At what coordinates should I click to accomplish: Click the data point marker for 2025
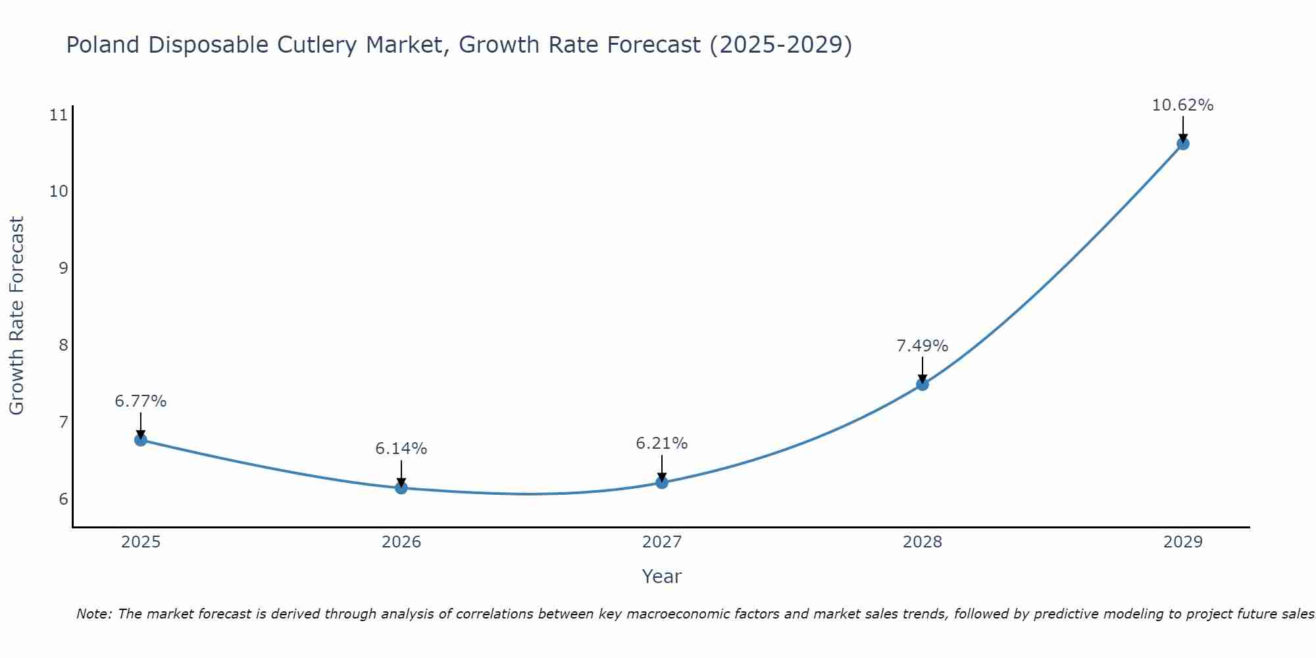point(140,440)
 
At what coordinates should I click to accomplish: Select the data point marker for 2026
point(401,488)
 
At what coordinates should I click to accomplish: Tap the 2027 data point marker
point(662,482)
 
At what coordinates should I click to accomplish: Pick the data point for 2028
point(923,384)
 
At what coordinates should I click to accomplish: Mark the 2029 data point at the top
point(1182,143)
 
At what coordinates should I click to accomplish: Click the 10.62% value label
point(1182,105)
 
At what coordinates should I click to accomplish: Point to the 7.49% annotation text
point(923,346)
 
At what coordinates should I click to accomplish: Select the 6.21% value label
point(662,443)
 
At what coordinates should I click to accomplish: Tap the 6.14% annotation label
point(401,449)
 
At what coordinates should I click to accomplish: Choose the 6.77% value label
point(140,401)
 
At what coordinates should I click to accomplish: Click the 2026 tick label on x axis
point(401,542)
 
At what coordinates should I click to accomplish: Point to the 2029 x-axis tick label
point(1182,542)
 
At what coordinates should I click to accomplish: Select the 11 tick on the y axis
point(59,116)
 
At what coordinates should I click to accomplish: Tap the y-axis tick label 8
point(63,345)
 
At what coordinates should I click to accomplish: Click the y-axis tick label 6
point(63,499)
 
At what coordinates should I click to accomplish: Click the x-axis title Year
point(661,576)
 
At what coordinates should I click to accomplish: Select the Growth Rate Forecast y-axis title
point(17,316)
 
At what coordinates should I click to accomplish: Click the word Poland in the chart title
point(103,45)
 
